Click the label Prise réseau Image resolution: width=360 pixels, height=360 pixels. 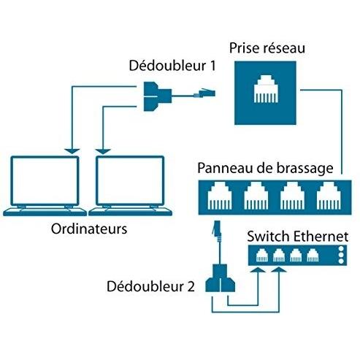pos(267,48)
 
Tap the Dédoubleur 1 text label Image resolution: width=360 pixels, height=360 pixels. pos(172,66)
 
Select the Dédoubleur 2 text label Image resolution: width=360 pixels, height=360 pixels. pos(150,286)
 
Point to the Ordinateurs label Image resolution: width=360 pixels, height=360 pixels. pos(89,229)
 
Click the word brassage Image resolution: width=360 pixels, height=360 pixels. pos(305,169)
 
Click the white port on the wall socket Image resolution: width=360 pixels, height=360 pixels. pos(266,88)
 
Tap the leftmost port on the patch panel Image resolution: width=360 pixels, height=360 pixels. pos(220,196)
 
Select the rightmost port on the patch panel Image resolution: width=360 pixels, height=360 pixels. pos(329,196)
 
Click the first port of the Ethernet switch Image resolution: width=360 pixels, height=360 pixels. pos(262,256)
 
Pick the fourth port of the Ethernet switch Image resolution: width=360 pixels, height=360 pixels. pos(313,256)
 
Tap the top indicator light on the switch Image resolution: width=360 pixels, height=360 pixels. pos(341,249)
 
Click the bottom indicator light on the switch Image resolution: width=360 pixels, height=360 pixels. pos(341,261)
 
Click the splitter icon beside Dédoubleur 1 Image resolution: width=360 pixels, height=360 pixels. pos(157,96)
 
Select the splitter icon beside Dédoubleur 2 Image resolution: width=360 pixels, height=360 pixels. pos(221,278)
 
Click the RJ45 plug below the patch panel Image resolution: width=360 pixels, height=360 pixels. pos(216,229)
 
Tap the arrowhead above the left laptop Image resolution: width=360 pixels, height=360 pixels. pos(72,151)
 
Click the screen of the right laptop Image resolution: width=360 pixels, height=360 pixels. pos(130,180)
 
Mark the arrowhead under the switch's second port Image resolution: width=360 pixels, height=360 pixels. pos(279,269)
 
